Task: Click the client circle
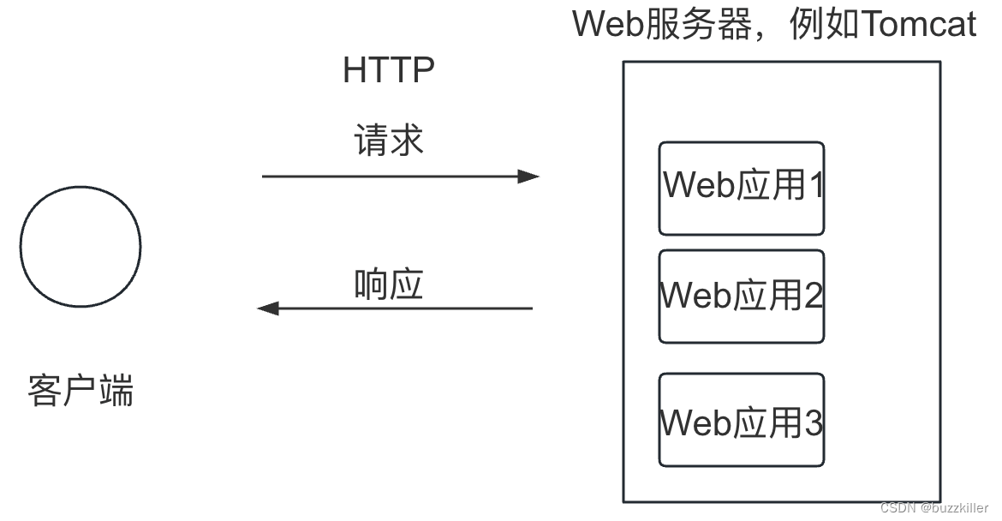point(81,247)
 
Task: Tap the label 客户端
point(81,391)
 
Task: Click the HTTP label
point(388,71)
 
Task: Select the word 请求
point(389,141)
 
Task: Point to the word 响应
point(389,284)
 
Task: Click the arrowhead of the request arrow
point(528,177)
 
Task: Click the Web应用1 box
point(741,189)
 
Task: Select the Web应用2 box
point(741,296)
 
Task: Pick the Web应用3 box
point(741,420)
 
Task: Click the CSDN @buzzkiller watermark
point(934,508)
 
